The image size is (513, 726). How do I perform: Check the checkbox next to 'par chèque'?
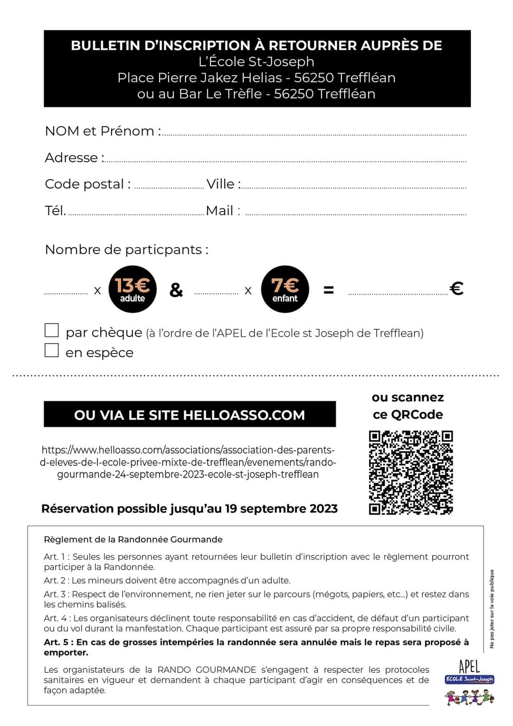pos(51,330)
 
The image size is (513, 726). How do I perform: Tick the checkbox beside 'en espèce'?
pos(51,350)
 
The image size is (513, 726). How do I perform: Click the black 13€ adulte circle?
pos(133,289)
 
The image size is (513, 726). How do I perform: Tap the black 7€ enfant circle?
pos(285,289)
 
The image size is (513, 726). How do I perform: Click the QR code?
pos(411,472)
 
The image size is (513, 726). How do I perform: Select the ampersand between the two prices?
pos(176,290)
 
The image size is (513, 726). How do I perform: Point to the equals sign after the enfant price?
pos(328,290)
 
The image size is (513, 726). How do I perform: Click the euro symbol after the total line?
pos(456,288)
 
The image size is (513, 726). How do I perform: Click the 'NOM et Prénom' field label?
pos(103,131)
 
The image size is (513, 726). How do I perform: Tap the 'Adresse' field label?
pos(74,158)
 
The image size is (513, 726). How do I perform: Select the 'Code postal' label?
pos(87,184)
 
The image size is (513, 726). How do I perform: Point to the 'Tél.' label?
pos(55,210)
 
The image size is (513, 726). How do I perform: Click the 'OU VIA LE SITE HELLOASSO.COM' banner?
pos(190,414)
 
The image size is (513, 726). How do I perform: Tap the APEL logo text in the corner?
pos(469,666)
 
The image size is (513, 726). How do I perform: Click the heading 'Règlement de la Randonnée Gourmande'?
pos(133,539)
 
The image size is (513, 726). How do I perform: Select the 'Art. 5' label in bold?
pos(58,642)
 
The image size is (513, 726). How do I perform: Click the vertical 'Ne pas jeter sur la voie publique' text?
pos(492,609)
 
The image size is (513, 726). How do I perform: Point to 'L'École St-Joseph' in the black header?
pos(256,62)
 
